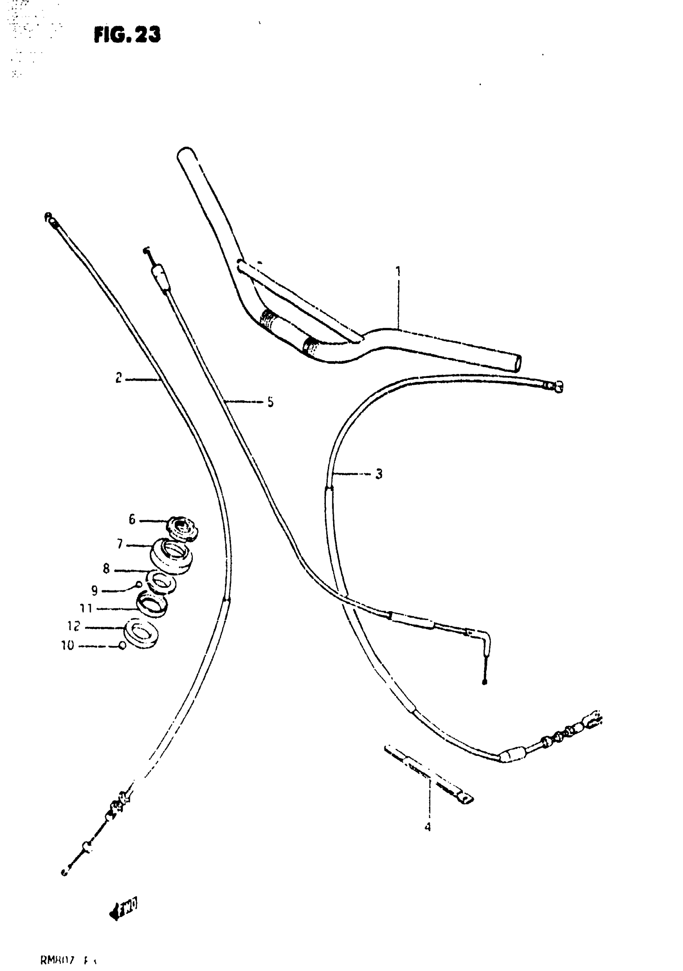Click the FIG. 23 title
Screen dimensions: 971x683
click(x=127, y=35)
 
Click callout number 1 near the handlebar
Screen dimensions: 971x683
click(x=397, y=271)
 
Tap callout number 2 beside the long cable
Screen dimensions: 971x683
click(x=119, y=378)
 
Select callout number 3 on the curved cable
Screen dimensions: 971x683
click(x=379, y=474)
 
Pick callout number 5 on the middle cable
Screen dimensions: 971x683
click(x=270, y=402)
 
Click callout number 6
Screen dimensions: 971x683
click(x=132, y=519)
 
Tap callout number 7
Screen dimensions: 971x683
click(x=120, y=544)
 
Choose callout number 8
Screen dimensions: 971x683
click(x=106, y=569)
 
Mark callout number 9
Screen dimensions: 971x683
click(x=94, y=590)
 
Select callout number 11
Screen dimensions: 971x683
click(x=86, y=609)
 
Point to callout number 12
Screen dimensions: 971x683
click(x=74, y=626)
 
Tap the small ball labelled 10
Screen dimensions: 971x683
click(x=122, y=646)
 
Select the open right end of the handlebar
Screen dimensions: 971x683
click(x=517, y=363)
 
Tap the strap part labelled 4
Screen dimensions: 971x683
click(x=429, y=774)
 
